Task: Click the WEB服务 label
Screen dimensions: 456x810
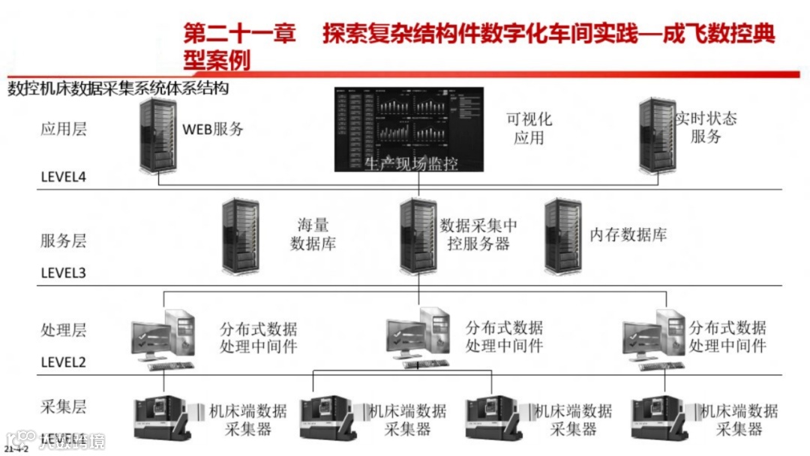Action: [x=214, y=128]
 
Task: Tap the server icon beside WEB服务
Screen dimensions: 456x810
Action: [x=156, y=136]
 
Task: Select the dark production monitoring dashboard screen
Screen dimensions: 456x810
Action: [x=409, y=129]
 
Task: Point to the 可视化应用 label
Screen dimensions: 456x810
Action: [x=529, y=128]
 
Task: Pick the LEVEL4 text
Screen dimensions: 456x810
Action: [x=64, y=178]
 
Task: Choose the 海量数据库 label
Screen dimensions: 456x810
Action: [x=313, y=233]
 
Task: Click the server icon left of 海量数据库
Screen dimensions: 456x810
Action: [x=241, y=235]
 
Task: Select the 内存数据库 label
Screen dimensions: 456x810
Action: [x=628, y=235]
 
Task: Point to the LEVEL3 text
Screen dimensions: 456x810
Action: [x=64, y=272]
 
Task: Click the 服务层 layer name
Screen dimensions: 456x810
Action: [x=63, y=241]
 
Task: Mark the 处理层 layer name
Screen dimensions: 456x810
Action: [x=63, y=330]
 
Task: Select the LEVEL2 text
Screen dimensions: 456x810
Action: [x=64, y=361]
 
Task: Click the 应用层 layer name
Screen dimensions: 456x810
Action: [x=63, y=128]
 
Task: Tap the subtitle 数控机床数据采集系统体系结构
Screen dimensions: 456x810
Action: [x=118, y=88]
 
